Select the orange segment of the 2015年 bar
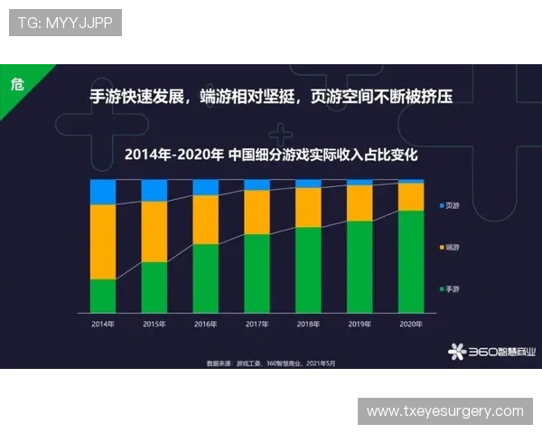coord(154,231)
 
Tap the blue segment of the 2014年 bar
coord(103,192)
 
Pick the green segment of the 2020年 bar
coord(412,261)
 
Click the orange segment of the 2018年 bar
coord(309,207)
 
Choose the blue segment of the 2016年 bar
coord(206,187)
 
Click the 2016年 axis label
coord(206,323)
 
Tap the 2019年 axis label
coord(360,323)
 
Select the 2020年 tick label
coord(412,323)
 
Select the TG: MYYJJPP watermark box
coord(65,23)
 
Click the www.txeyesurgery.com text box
coord(444,411)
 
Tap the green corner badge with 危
coord(16,83)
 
